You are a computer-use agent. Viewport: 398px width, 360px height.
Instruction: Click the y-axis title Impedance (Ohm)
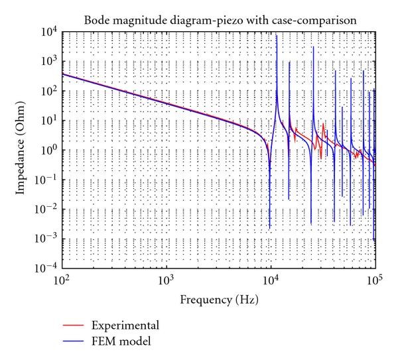point(21,149)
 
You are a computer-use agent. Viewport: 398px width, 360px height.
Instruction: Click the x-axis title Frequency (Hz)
point(219,299)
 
